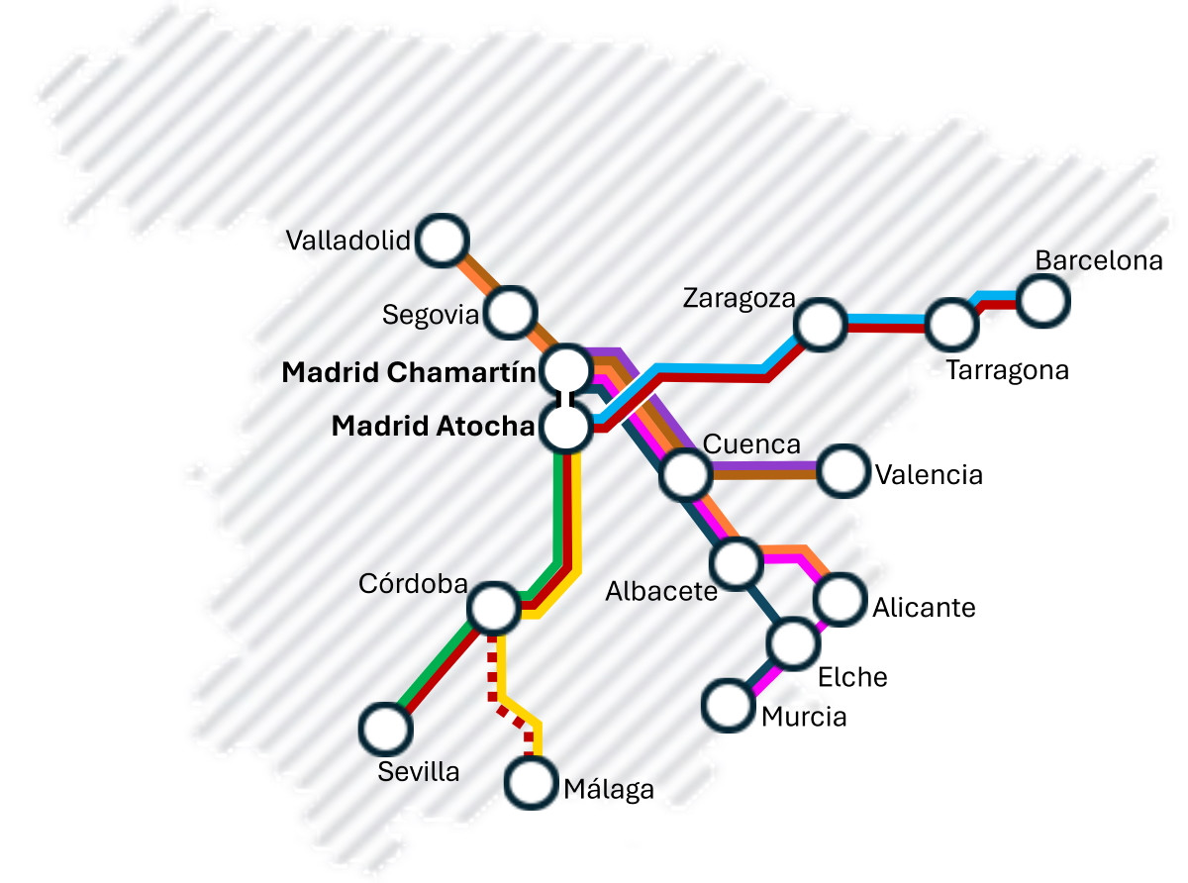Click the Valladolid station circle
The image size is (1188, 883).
point(443,241)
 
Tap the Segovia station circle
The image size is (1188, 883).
point(511,311)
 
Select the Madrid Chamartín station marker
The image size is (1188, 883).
point(567,370)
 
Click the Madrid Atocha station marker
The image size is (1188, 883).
point(566,428)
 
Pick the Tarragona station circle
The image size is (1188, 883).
point(951,323)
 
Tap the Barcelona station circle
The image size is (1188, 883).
point(1043,298)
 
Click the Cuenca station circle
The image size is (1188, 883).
point(684,474)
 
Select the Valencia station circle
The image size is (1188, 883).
point(843,471)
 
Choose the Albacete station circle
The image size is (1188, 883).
point(737,562)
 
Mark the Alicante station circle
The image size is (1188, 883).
point(840,599)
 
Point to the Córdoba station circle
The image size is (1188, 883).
point(493,608)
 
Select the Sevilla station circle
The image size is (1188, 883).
point(384,729)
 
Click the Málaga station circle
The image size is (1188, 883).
point(531,783)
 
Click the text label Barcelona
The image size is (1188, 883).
point(1098,260)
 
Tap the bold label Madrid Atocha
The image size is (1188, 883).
point(432,427)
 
